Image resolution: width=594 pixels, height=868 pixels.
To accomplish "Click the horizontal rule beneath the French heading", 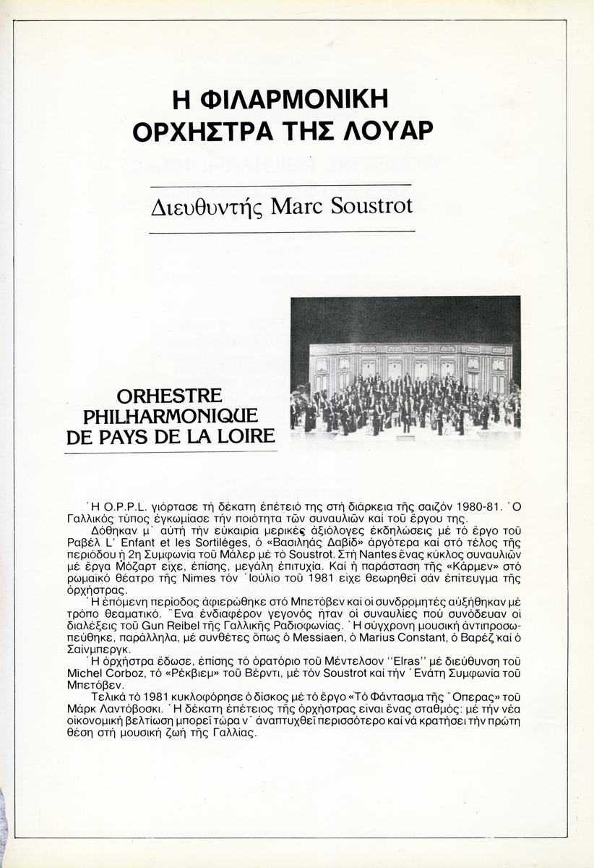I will (171, 451).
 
